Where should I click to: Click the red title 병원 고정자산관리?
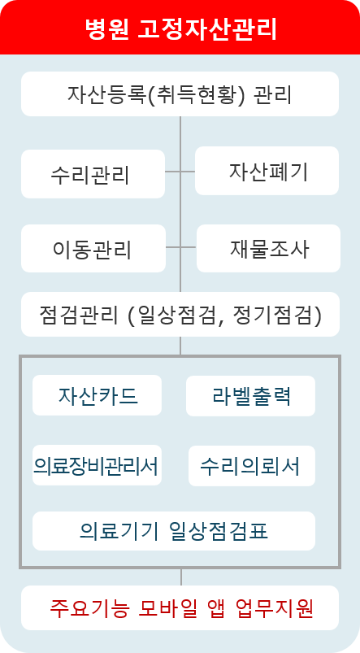(x=181, y=28)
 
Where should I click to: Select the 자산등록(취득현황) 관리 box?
(x=180, y=94)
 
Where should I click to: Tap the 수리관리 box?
(x=93, y=174)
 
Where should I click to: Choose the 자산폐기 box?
(x=267, y=171)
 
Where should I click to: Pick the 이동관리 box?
(x=93, y=248)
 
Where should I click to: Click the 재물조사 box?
(x=268, y=248)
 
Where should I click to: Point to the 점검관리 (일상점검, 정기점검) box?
(x=180, y=314)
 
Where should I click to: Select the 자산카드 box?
(x=97, y=395)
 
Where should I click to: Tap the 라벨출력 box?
(x=250, y=396)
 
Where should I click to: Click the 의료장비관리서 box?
(x=97, y=465)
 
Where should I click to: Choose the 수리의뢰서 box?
(x=252, y=466)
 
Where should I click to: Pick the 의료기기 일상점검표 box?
(x=174, y=531)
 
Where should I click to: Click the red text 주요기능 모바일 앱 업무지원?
(x=181, y=608)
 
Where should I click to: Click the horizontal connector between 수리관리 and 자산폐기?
(x=180, y=171)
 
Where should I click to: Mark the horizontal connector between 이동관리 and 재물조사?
(x=181, y=247)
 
